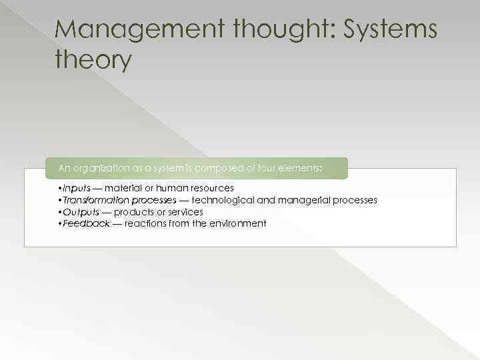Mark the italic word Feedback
point(85,223)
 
